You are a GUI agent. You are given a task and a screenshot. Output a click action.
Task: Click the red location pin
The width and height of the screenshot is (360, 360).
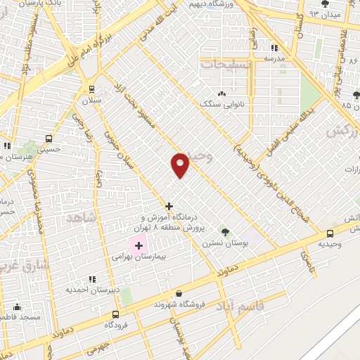pos(181,165)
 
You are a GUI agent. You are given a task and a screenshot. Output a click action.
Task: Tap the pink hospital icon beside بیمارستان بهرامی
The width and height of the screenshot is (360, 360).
pos(138,245)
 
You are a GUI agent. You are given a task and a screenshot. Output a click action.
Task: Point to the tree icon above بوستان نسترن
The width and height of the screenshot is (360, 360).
pos(225,231)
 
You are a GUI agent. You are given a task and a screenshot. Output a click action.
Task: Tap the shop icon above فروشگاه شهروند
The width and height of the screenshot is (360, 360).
pos(179,294)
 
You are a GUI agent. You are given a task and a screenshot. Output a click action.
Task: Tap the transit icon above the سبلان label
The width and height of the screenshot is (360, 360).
pos(91,89)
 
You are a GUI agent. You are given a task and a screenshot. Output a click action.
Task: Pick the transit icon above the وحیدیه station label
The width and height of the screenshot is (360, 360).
pos(330,234)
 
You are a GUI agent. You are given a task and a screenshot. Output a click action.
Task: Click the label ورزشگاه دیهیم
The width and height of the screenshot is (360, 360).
pos(210,4)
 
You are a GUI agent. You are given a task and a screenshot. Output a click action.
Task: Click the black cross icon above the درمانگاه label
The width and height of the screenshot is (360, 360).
pos(168,206)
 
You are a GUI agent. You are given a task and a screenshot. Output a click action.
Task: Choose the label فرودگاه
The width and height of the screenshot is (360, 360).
pos(117,325)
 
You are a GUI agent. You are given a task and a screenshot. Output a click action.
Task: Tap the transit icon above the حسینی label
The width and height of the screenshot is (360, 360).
pos(49,138)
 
